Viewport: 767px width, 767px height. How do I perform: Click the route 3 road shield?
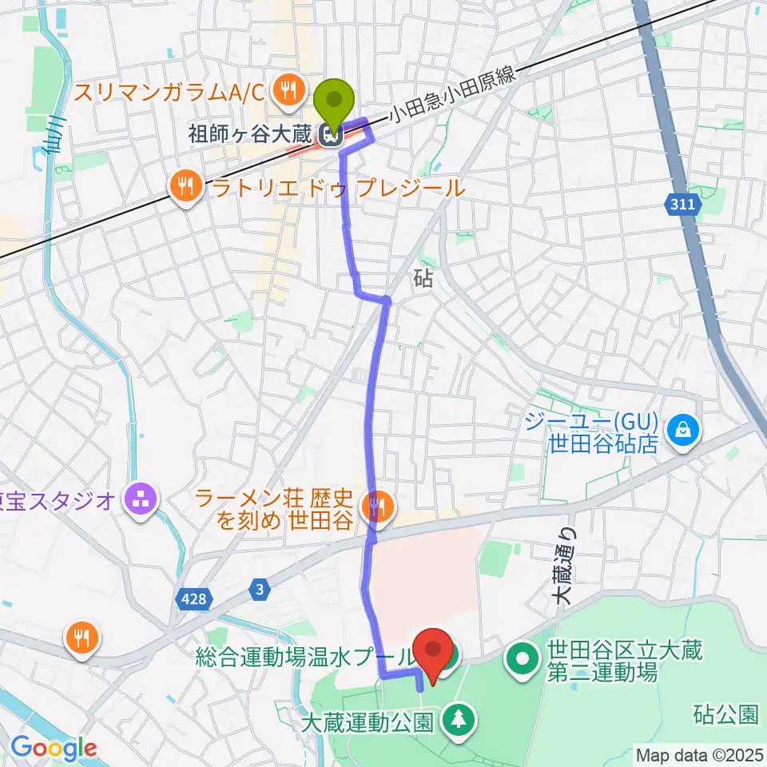click(x=259, y=590)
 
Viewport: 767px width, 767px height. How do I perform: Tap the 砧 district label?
click(x=423, y=278)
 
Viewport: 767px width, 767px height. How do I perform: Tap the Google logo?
click(x=54, y=748)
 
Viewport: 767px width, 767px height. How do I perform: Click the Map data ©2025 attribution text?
click(x=698, y=754)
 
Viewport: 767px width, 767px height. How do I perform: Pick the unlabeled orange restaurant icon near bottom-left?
click(x=83, y=637)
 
